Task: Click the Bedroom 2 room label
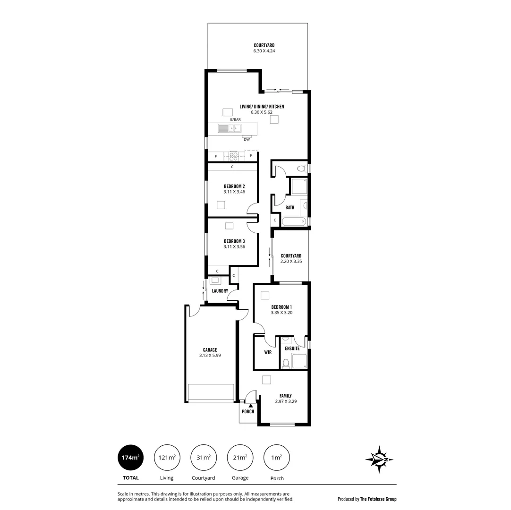coord(234,186)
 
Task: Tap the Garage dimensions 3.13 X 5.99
coord(210,356)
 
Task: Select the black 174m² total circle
coord(131,458)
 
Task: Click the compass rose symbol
coord(379,459)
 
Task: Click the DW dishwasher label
coord(247,139)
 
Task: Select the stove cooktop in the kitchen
coord(233,156)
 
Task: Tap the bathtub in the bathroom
coord(293,221)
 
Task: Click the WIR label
coord(268,352)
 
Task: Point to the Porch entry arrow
coord(250,405)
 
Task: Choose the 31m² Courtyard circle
coord(204,458)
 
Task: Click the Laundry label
coord(220,291)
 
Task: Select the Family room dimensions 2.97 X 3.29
coord(286,401)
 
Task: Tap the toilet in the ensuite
coord(285,363)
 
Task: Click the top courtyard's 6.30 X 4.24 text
coord(264,51)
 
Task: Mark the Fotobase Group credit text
coord(367,499)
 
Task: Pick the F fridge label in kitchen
coord(251,156)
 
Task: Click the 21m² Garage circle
coord(240,458)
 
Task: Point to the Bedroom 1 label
coord(281,307)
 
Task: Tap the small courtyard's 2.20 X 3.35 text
coord(291,261)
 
